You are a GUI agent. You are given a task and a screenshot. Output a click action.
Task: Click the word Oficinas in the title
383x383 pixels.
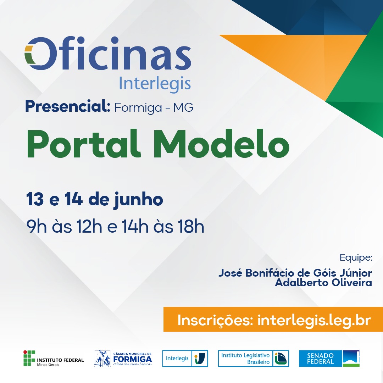click(x=108, y=53)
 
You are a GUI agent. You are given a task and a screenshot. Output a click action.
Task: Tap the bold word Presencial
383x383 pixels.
click(x=68, y=106)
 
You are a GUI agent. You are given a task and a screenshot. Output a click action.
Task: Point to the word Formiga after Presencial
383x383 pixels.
click(x=138, y=108)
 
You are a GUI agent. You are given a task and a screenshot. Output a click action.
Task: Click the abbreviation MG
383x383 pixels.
click(x=183, y=107)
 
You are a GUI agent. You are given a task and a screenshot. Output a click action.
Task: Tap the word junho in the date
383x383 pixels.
click(x=139, y=200)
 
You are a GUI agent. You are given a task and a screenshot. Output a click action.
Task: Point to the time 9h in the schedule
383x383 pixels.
click(x=37, y=226)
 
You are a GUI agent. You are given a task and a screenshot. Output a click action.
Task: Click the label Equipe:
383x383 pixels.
click(x=356, y=258)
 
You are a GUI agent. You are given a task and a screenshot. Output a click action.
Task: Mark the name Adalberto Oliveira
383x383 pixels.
click(x=323, y=283)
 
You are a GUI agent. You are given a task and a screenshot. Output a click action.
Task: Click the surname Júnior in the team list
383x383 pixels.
click(x=356, y=273)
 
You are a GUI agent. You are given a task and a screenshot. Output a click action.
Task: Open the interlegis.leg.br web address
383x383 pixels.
click(x=314, y=321)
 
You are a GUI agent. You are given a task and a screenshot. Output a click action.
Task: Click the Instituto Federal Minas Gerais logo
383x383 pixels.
click(x=54, y=358)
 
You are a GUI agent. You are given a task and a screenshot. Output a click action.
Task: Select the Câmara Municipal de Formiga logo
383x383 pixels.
click(x=123, y=358)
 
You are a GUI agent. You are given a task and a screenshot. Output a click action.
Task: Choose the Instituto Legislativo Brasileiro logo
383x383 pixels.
click(x=253, y=358)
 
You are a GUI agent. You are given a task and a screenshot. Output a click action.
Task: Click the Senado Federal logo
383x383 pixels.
click(x=329, y=358)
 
